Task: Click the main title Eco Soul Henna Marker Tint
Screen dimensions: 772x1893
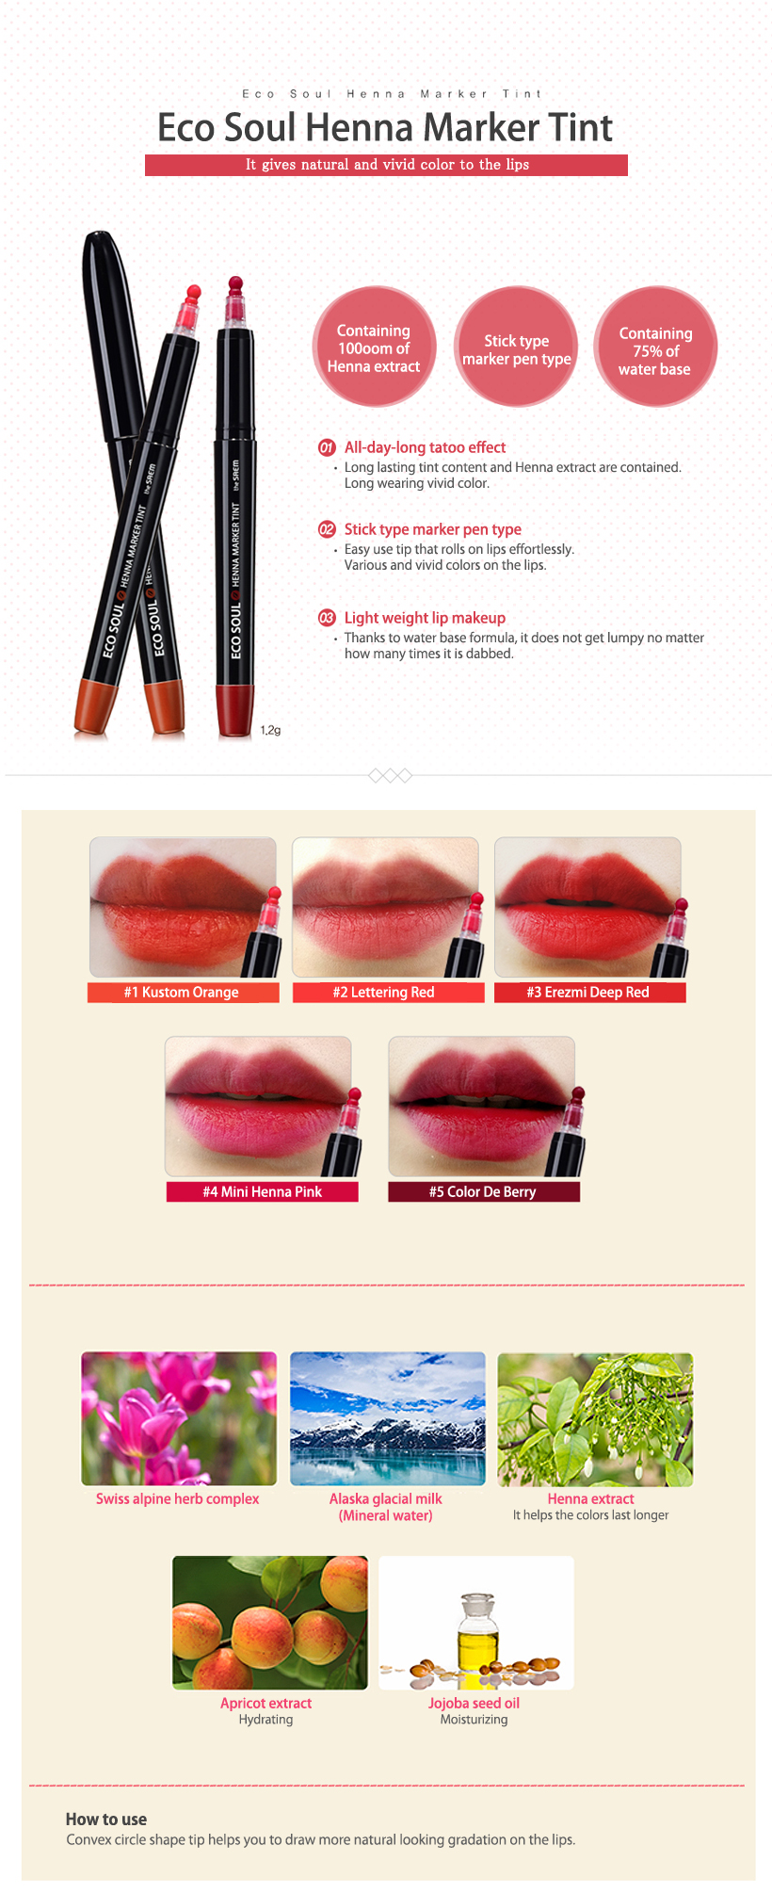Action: point(385,127)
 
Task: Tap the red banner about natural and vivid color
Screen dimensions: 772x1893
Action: point(386,165)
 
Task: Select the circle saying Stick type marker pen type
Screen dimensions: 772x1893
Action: point(516,348)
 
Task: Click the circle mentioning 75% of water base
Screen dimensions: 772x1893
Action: point(655,348)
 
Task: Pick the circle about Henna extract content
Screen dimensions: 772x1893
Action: point(374,348)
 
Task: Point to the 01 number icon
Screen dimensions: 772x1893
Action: point(327,447)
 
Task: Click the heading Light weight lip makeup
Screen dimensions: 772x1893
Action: point(425,618)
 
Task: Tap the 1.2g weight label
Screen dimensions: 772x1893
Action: point(270,730)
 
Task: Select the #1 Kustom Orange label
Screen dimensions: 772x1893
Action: point(183,993)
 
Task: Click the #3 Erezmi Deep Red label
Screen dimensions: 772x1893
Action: point(589,993)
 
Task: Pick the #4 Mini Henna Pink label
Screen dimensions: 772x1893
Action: point(262,1192)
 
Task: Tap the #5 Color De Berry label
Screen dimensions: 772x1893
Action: point(484,1192)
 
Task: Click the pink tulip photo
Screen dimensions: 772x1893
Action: point(179,1418)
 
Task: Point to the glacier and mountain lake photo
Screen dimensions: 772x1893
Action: point(388,1418)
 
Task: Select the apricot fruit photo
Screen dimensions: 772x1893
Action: point(270,1623)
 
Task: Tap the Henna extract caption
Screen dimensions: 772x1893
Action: point(591,1498)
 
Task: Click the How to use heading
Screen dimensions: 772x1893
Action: point(106,1820)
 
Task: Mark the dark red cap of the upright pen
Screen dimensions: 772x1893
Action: point(234,711)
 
